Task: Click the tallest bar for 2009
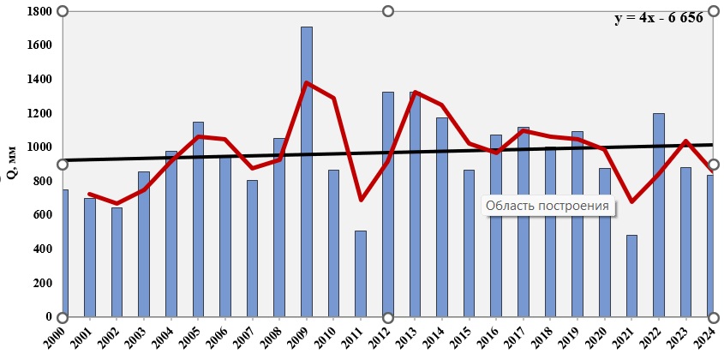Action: [307, 171]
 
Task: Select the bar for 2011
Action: [361, 273]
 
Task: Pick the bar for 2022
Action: [659, 215]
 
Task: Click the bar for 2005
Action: [198, 219]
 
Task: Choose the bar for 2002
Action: [117, 262]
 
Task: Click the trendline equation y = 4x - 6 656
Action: [664, 18]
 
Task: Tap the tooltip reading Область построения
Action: [547, 206]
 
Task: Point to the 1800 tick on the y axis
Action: [39, 11]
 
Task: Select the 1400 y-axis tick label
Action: [39, 79]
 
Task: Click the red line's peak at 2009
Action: [307, 83]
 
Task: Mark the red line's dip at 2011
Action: [361, 200]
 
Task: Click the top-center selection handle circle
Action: [388, 11]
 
